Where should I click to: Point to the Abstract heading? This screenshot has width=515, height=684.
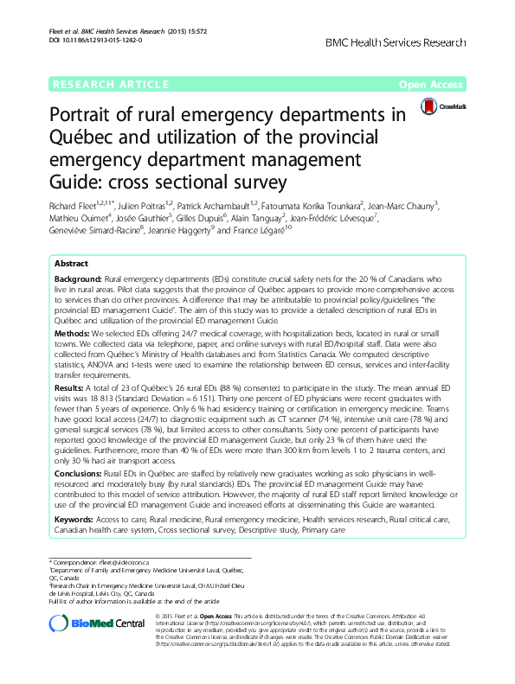coord(71,239)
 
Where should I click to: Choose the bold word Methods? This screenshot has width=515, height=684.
coord(74,308)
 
